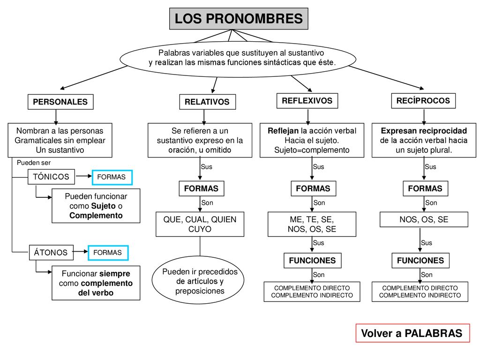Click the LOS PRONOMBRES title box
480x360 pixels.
(x=239, y=19)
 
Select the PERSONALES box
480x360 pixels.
(x=60, y=102)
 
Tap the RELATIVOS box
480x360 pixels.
(x=207, y=102)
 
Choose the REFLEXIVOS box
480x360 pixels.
(x=307, y=101)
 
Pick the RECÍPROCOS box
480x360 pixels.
(x=423, y=101)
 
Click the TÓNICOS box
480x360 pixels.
(x=51, y=177)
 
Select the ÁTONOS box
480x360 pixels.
(x=51, y=253)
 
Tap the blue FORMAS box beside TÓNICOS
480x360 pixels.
(x=112, y=177)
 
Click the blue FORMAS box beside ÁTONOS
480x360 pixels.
(x=108, y=253)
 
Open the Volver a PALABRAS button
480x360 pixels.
(x=412, y=333)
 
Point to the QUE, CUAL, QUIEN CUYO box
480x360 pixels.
(x=200, y=224)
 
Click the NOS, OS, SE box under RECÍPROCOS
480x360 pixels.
(x=424, y=219)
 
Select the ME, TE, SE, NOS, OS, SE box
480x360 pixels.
(x=312, y=224)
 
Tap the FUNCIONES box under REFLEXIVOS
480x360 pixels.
(x=312, y=261)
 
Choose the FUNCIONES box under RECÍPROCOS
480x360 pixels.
(x=420, y=261)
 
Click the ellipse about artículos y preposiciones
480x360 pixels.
(x=198, y=280)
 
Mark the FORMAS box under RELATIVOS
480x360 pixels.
(x=202, y=188)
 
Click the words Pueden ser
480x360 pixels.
(x=34, y=163)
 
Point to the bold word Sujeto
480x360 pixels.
(x=104, y=206)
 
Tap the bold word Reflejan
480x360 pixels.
(x=283, y=131)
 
